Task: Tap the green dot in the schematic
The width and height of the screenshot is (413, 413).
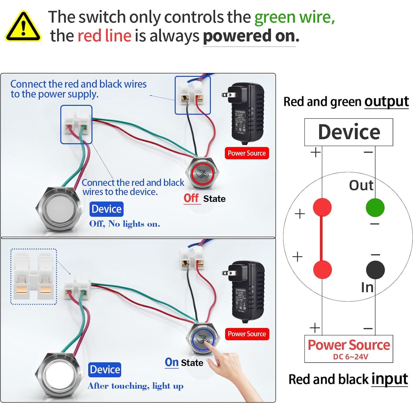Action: tap(375, 207)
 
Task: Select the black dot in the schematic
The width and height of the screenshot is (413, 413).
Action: tap(375, 270)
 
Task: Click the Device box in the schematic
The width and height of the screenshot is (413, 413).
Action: tap(349, 132)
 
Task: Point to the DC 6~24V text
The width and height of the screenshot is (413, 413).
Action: tap(350, 357)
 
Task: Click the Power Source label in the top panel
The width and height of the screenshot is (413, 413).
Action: tap(247, 153)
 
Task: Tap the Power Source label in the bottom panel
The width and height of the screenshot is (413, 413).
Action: tap(247, 334)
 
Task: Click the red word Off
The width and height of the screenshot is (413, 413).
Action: tap(191, 198)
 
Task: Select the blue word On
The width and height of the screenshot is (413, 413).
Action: tap(172, 362)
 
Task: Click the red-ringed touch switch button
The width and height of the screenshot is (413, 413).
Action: tap(202, 173)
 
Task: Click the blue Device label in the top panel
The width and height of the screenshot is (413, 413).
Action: tap(107, 209)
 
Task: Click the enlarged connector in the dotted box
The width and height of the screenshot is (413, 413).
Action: tap(34, 276)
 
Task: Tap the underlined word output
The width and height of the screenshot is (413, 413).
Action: tap(386, 102)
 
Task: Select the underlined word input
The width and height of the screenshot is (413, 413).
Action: tap(390, 379)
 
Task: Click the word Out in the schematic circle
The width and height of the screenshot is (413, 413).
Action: tap(361, 185)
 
